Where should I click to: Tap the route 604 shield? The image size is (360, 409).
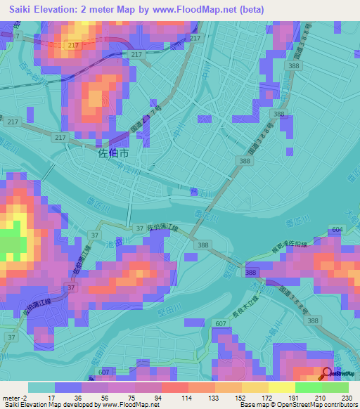tap(338, 230)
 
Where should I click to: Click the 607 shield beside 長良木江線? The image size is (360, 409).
tap(221, 323)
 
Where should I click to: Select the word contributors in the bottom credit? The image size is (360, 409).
tap(340, 405)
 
